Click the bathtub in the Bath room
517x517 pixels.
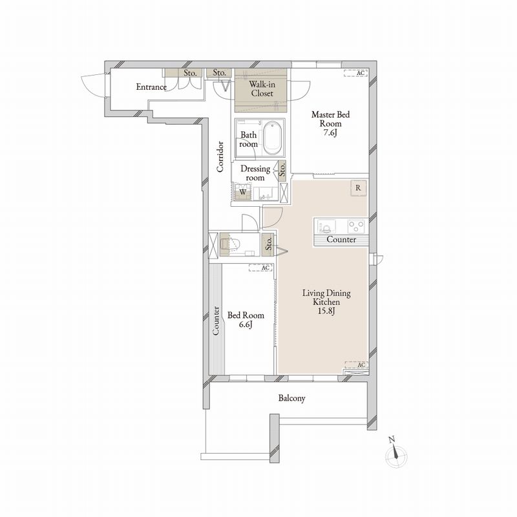[273, 138]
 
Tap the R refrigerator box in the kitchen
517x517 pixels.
[358, 188]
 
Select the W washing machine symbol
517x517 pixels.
[243, 192]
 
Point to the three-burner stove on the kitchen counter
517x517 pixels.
[356, 226]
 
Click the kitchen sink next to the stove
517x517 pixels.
[326, 227]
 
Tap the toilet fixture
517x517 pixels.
[231, 244]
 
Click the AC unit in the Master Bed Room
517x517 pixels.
[356, 73]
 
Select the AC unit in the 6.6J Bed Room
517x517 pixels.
[260, 268]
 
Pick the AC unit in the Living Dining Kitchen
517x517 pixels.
[357, 364]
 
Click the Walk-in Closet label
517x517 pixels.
[262, 89]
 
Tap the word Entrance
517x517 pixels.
[151, 87]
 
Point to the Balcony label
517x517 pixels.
[292, 398]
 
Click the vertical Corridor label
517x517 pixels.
[220, 156]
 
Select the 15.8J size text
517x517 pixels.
[326, 311]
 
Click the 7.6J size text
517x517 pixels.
[330, 133]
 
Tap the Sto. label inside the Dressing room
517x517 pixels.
[282, 170]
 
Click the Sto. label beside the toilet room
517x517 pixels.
[269, 244]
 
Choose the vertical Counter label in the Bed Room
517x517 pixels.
[216, 321]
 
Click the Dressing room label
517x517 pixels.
[255, 173]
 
